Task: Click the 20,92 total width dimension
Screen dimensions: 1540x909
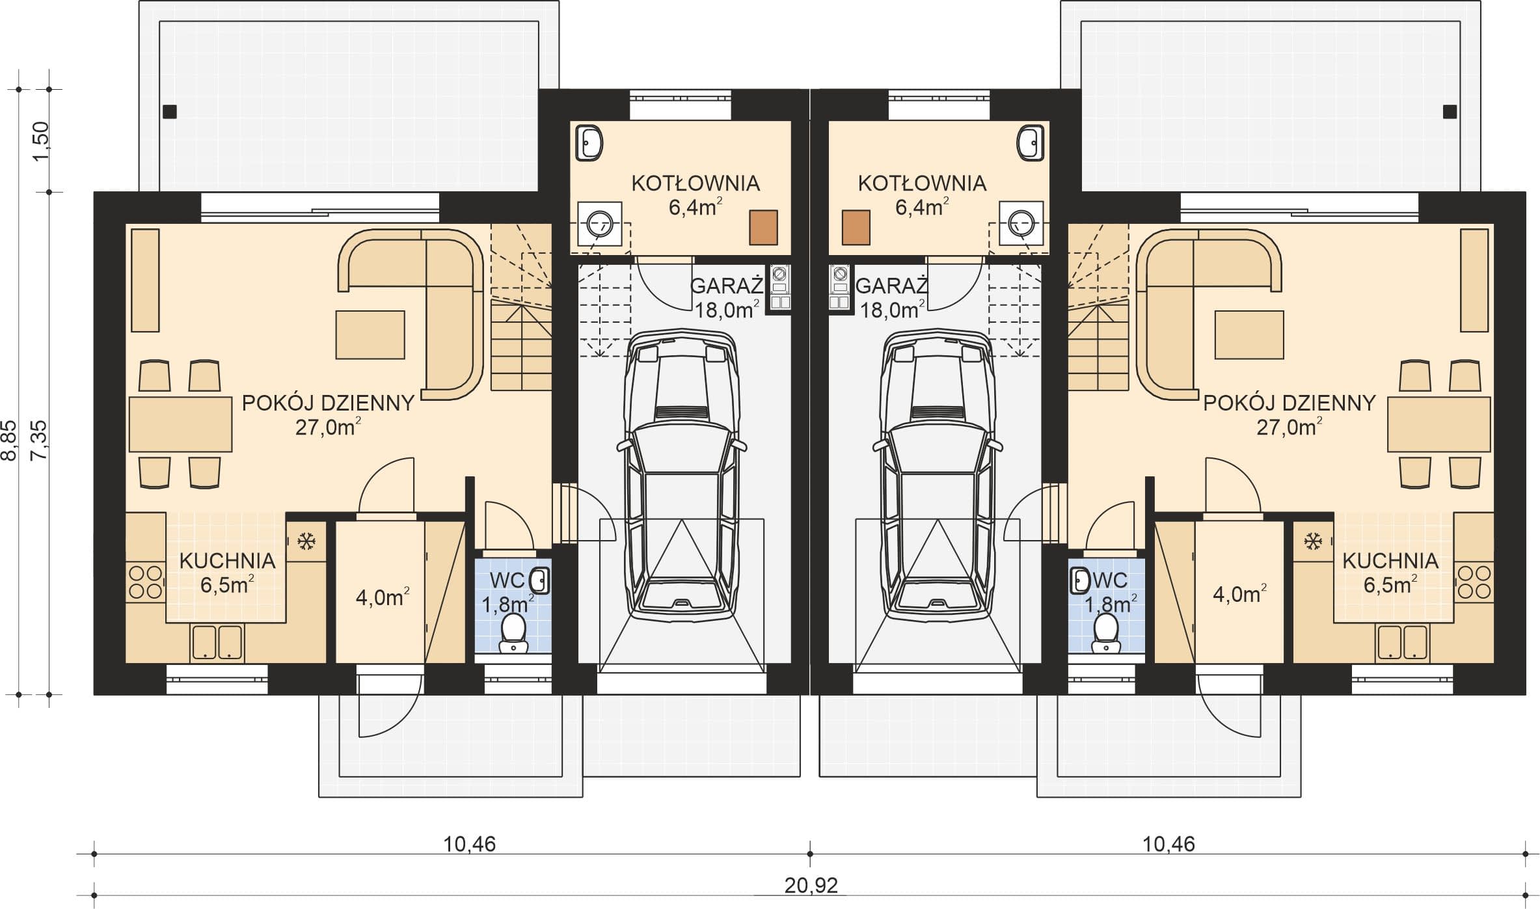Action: [x=811, y=885]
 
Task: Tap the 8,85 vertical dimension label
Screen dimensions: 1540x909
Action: [x=10, y=440]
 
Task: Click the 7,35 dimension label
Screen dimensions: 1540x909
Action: [x=40, y=440]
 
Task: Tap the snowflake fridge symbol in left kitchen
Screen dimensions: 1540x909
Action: [x=306, y=540]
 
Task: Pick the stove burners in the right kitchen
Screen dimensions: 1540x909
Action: [x=1474, y=582]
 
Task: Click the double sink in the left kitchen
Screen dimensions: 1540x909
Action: [x=217, y=642]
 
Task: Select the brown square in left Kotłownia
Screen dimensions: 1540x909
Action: [x=763, y=228]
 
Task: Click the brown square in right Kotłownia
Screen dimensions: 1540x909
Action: [x=856, y=228]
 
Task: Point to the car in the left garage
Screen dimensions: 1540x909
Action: [x=682, y=473]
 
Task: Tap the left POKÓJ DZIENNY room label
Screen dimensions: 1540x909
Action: [x=328, y=403]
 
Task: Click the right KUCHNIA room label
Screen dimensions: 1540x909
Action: [x=1390, y=561]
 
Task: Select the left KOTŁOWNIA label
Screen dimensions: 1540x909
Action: [x=696, y=183]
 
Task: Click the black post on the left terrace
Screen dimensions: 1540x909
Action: [x=170, y=112]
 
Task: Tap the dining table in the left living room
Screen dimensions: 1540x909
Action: [x=180, y=424]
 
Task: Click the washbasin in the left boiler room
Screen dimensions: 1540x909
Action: [x=589, y=143]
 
